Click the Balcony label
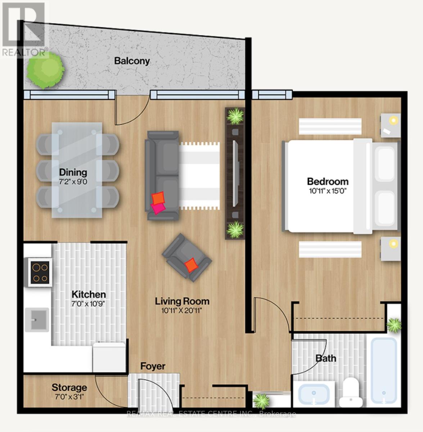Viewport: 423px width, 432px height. [132, 61]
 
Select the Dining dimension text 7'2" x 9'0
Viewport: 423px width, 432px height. [73, 181]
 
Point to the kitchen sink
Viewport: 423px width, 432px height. [37, 319]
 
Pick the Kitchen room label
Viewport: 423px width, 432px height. [88, 294]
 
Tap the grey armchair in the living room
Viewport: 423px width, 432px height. [186, 257]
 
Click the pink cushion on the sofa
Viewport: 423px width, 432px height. [158, 208]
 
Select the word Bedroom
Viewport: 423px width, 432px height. [328, 181]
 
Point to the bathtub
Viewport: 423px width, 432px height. [384, 371]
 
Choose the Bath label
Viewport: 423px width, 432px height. [326, 358]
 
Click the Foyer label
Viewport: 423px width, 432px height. [153, 366]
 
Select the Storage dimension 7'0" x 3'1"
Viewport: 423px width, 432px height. [69, 397]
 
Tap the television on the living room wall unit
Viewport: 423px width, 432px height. [235, 173]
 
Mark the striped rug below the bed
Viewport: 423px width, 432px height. [330, 249]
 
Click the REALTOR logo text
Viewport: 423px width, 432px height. [24, 53]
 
